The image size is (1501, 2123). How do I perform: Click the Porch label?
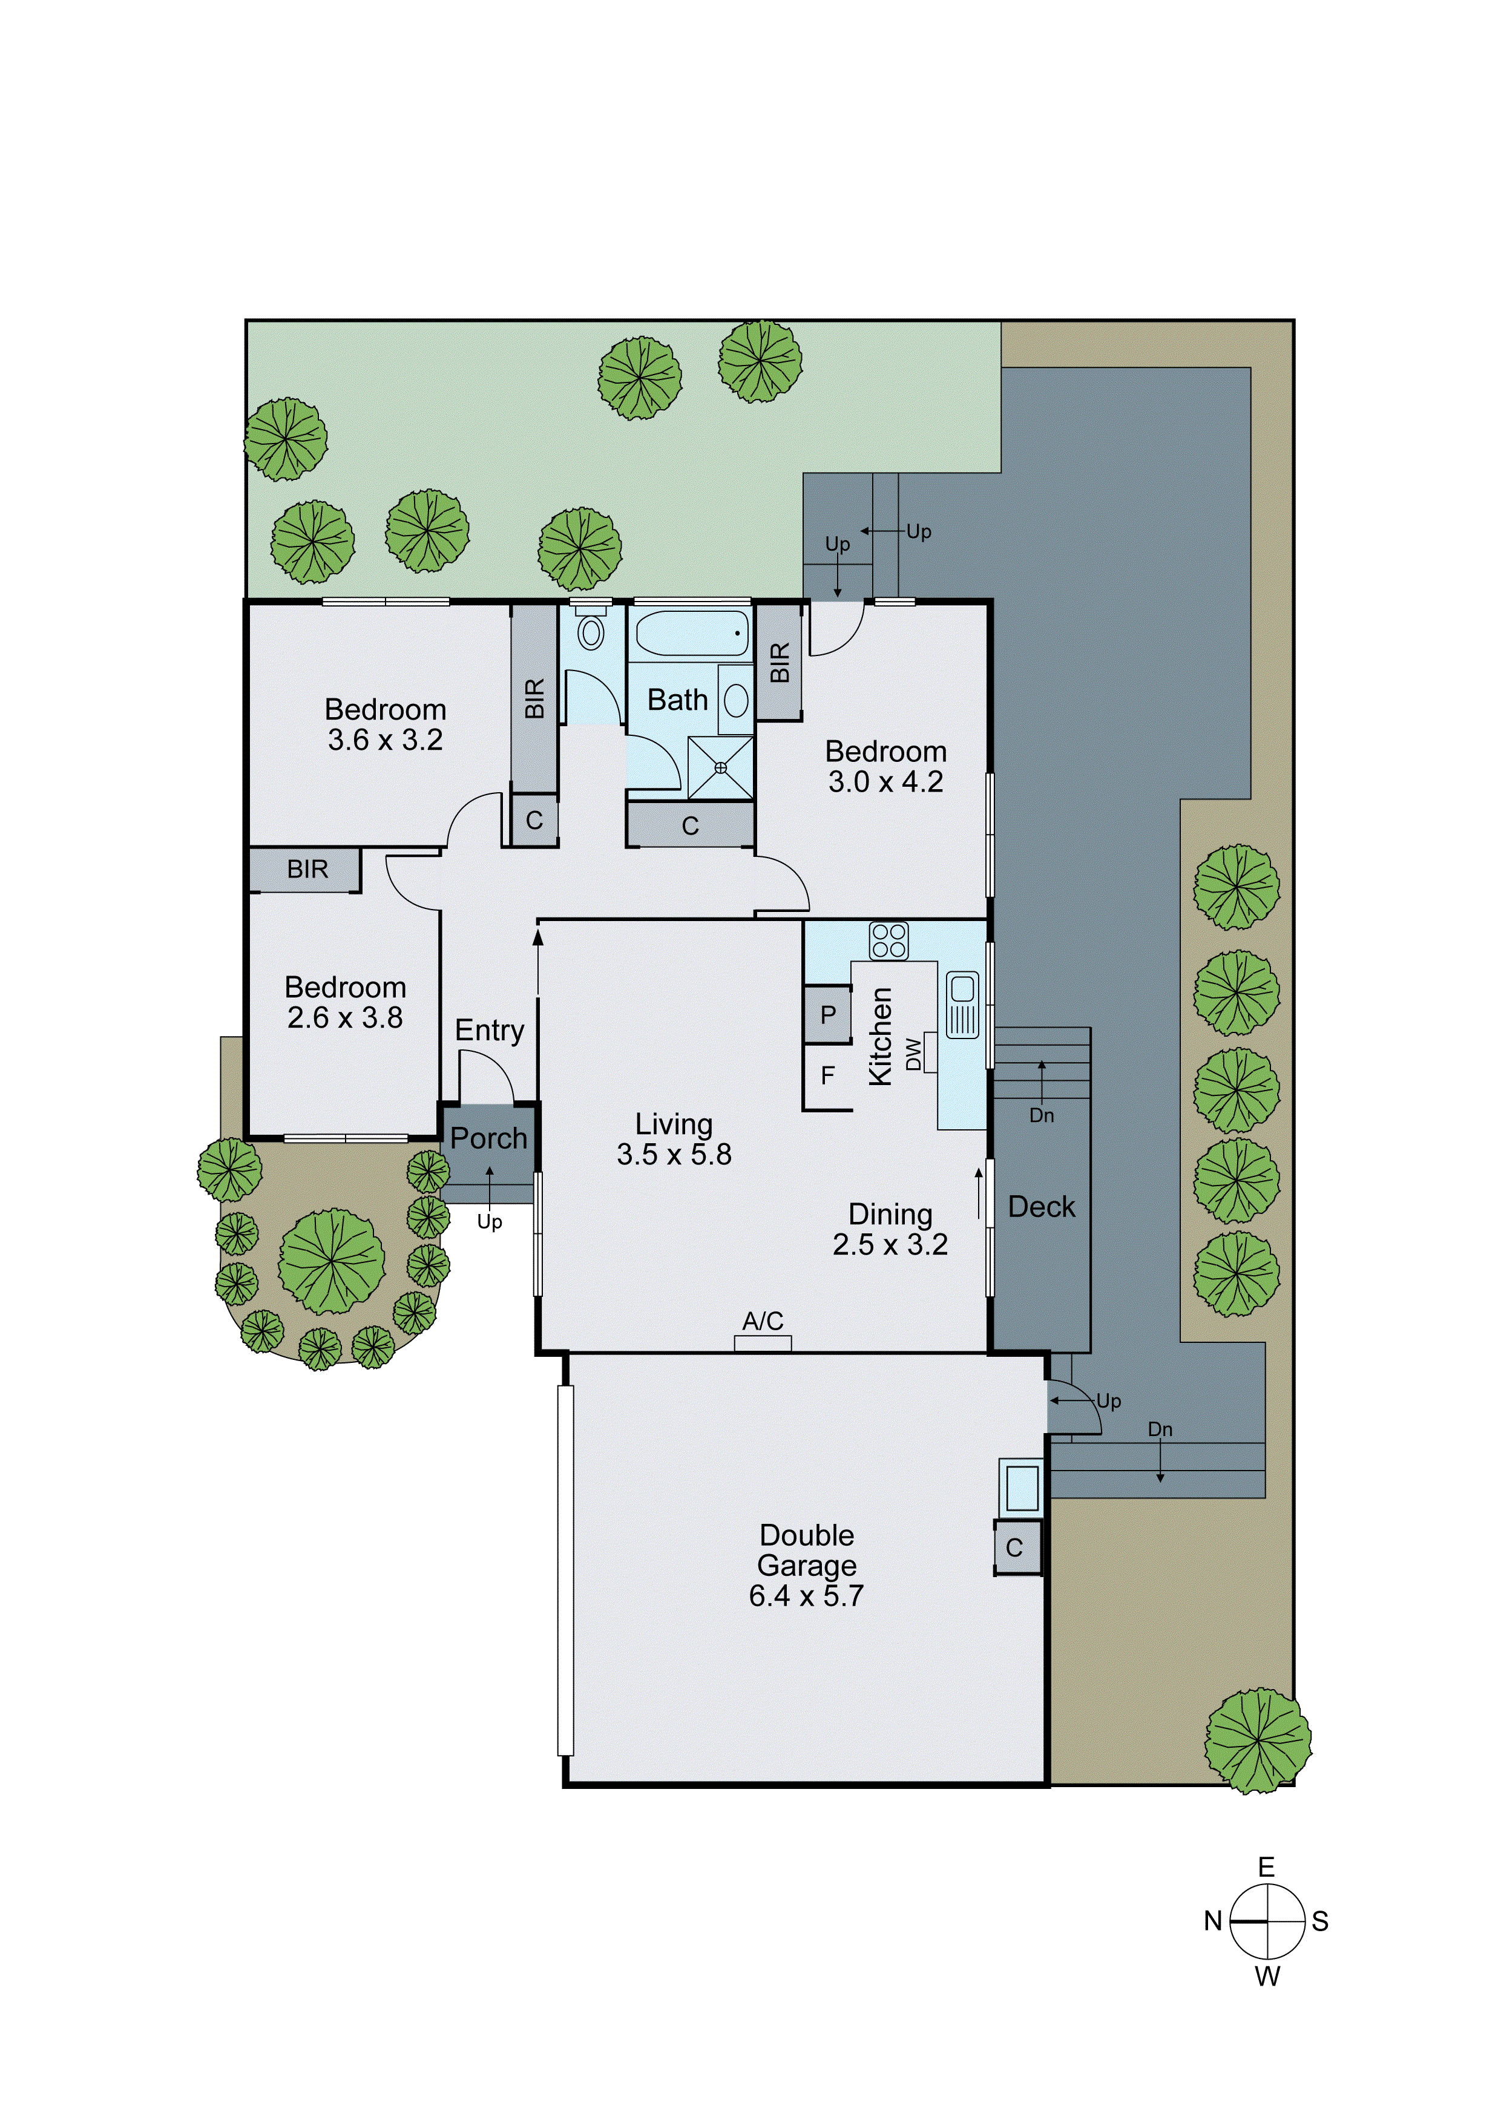click(x=488, y=1138)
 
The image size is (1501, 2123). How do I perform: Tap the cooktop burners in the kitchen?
click(x=888, y=941)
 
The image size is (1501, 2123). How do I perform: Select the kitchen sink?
click(x=962, y=1004)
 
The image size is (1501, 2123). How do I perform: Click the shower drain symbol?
click(x=720, y=767)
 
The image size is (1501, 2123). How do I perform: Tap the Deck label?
click(x=1042, y=1207)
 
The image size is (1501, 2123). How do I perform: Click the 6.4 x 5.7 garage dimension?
click(x=806, y=1595)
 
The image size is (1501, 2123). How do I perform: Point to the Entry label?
click(x=489, y=1030)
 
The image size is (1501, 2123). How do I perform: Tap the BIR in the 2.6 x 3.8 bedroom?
click(x=307, y=869)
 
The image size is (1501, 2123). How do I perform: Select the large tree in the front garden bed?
click(x=331, y=1261)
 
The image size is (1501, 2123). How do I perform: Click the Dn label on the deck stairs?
click(x=1042, y=1115)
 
